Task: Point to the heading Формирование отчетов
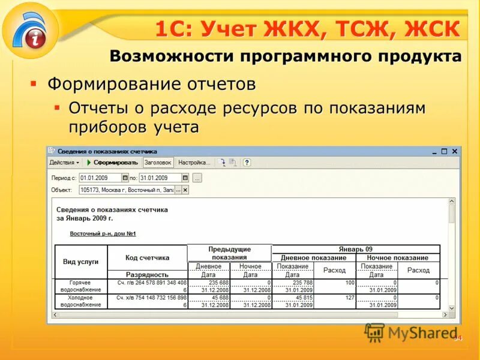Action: (x=151, y=83)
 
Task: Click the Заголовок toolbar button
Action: (x=158, y=163)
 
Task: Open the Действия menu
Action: (x=64, y=163)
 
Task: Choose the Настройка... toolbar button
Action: (x=194, y=163)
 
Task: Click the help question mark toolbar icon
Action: (x=247, y=163)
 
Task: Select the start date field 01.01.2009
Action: (x=100, y=178)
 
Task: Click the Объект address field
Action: (x=126, y=190)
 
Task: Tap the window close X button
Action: (x=455, y=152)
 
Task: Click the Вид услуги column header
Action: (x=81, y=262)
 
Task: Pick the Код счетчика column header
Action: (x=147, y=258)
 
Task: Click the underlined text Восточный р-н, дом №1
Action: (x=104, y=233)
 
